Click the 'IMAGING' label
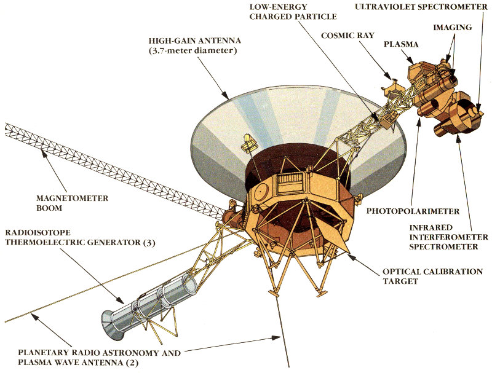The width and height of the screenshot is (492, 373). [x=453, y=28]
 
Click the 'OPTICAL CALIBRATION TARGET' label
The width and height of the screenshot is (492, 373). [x=432, y=276]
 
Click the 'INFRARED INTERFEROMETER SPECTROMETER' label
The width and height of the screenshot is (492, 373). [x=448, y=237]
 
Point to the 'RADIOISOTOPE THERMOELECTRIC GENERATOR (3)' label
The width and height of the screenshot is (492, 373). [x=80, y=238]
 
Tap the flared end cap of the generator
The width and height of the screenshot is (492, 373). [x=112, y=323]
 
